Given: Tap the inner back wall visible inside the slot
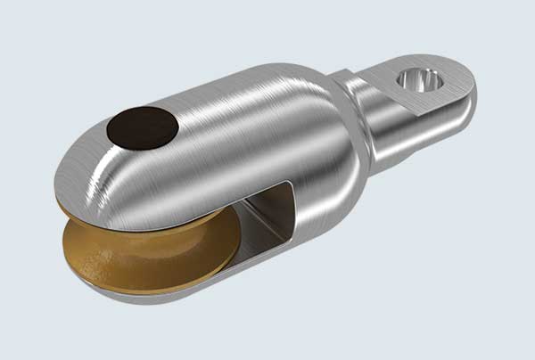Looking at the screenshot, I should point(272,214).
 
